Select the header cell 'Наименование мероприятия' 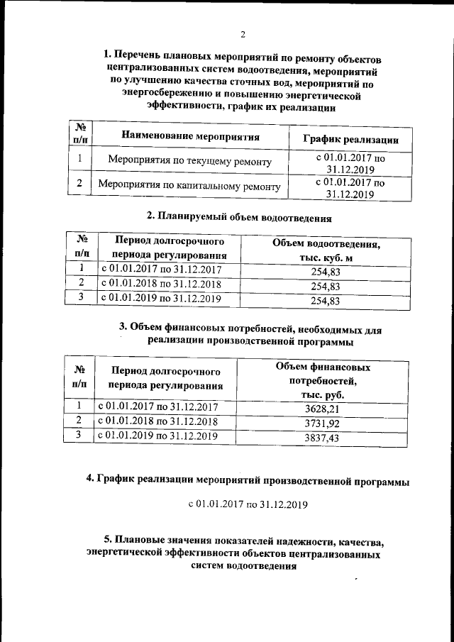[189, 136]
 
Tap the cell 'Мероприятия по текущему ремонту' [190, 162]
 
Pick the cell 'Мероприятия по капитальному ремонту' [189, 187]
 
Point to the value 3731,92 [322, 424]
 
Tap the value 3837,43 [322, 439]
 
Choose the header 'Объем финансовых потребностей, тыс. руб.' [322, 380]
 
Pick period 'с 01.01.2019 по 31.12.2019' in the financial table [157, 436]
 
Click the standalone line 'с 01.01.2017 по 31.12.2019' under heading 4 [248, 505]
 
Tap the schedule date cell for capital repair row [350, 187]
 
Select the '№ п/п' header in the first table [79, 132]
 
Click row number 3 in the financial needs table [80, 435]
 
